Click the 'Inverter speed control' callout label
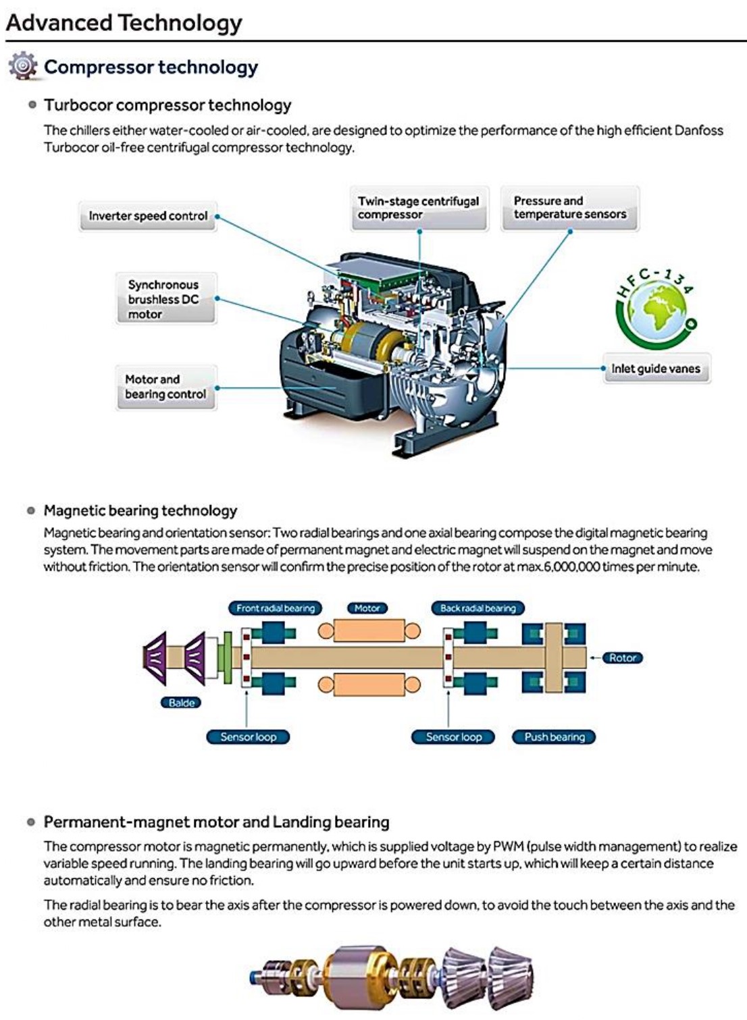148,216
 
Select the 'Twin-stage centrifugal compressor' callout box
419,208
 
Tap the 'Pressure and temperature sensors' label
569,208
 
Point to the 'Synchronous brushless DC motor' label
164,300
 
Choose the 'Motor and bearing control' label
165,387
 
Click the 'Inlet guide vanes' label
656,369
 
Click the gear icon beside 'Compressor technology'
23,65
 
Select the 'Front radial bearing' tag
276,608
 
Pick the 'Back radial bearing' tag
478,608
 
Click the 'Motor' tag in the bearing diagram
367,608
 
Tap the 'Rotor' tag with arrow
622,657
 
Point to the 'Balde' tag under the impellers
181,703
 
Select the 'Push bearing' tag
555,737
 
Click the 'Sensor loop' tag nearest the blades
248,737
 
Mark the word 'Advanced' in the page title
59,22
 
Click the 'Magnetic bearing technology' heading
140,510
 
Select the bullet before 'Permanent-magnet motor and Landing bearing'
30,822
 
